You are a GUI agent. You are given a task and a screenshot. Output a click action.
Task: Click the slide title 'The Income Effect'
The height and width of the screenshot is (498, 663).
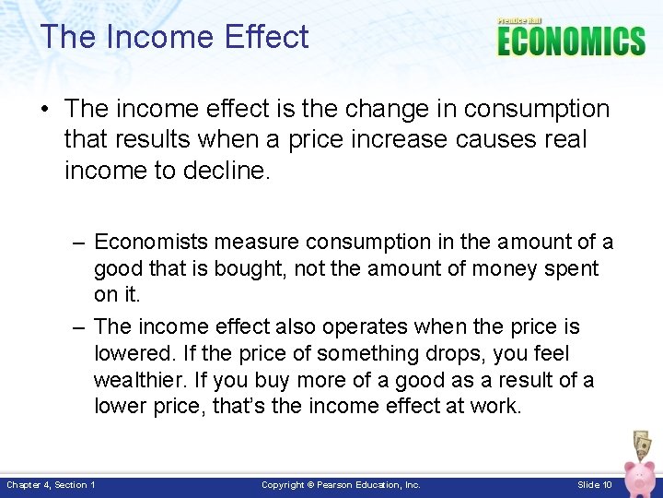coord(174,38)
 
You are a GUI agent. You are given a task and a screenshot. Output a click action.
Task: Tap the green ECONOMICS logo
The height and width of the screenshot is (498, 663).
coord(570,41)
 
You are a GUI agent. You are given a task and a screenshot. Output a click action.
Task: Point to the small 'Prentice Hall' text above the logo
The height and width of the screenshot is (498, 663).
coord(520,20)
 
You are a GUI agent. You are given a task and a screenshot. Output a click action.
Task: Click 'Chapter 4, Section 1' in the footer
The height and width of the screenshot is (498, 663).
coord(52,484)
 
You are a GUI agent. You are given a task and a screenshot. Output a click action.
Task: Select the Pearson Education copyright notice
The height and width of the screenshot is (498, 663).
coord(341,484)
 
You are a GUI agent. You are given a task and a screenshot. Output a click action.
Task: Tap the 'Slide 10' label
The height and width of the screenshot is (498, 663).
coord(594,484)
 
